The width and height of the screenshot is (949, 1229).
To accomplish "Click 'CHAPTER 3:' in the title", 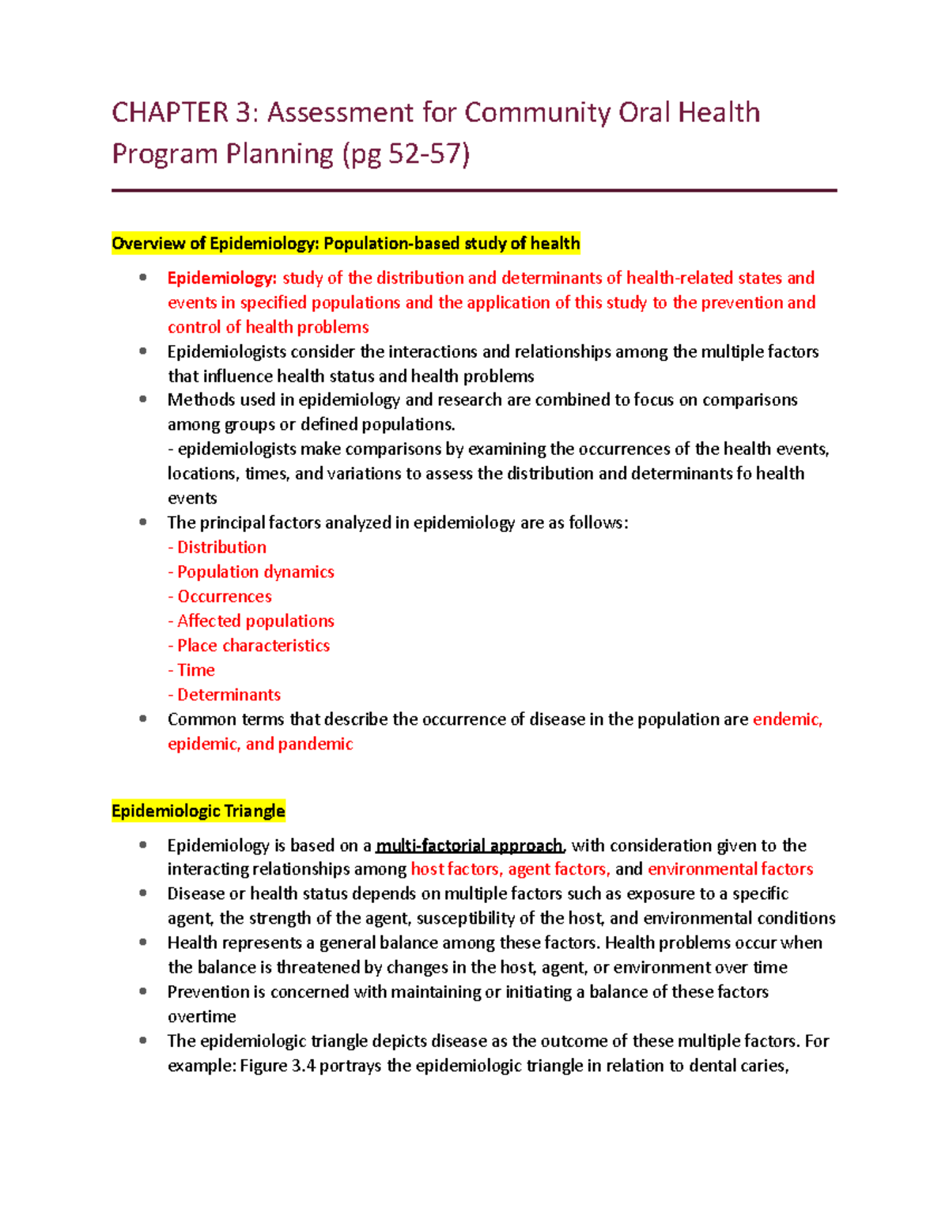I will (184, 113).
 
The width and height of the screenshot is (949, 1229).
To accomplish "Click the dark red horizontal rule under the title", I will (474, 191).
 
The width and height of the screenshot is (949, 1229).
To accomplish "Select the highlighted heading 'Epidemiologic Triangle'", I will (198, 811).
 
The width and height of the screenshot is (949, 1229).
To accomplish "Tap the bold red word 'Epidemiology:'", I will (222, 278).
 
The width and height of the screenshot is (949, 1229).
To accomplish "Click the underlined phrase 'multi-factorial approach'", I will (469, 845).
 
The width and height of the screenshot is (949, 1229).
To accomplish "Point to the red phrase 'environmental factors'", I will (730, 869).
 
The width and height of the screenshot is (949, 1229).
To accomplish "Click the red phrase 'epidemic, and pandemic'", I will (260, 744).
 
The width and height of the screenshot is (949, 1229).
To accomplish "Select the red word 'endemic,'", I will (788, 719).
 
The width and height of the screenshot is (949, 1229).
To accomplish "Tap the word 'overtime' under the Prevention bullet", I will (202, 1016).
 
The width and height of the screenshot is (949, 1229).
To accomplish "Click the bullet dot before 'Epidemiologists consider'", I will (143, 351).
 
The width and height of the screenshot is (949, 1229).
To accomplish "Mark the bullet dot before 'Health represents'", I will (143, 942).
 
